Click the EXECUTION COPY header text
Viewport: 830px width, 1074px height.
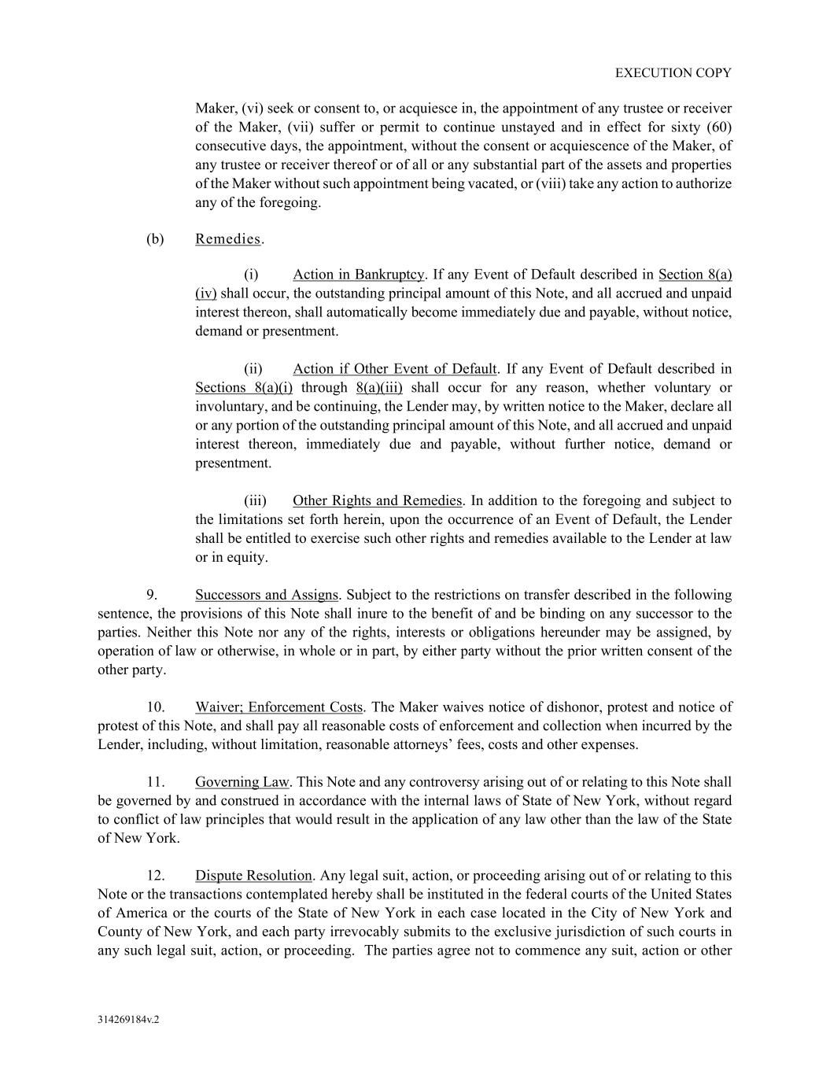[x=673, y=73]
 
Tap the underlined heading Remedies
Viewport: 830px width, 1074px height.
[x=227, y=239]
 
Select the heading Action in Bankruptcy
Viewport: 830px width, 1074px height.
[x=358, y=275]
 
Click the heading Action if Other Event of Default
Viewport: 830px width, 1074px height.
[x=394, y=369]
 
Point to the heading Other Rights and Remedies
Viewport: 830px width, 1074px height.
[x=377, y=501]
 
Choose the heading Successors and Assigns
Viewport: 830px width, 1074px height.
[x=267, y=595]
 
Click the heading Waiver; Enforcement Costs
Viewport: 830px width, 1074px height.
[x=279, y=707]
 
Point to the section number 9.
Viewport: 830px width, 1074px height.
[x=152, y=595]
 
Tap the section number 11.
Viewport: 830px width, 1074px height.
[x=155, y=782]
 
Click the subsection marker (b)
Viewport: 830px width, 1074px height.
[x=155, y=239]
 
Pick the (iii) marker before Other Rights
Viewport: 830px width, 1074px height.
[x=255, y=501]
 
